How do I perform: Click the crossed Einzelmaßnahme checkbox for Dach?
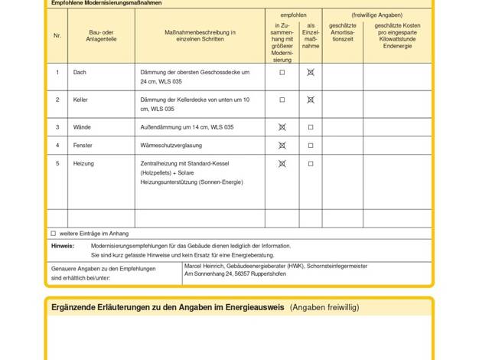311,73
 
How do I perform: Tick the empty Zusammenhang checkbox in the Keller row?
282,100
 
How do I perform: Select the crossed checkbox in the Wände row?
282,127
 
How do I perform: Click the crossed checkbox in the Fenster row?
282,146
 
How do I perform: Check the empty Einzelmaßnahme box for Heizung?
311,164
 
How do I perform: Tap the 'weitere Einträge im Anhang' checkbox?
54,234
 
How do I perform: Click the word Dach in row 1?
80,73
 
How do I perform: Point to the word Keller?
80,100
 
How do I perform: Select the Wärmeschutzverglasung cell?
171,146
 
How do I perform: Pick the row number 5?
57,164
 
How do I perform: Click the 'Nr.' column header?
57,36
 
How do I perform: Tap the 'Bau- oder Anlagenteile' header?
101,36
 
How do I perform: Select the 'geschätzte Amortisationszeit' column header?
342,36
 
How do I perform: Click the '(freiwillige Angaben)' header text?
376,15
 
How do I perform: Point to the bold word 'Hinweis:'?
63,246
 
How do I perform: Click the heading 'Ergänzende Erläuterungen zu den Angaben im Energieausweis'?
168,307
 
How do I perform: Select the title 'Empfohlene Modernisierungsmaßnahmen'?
106,3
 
